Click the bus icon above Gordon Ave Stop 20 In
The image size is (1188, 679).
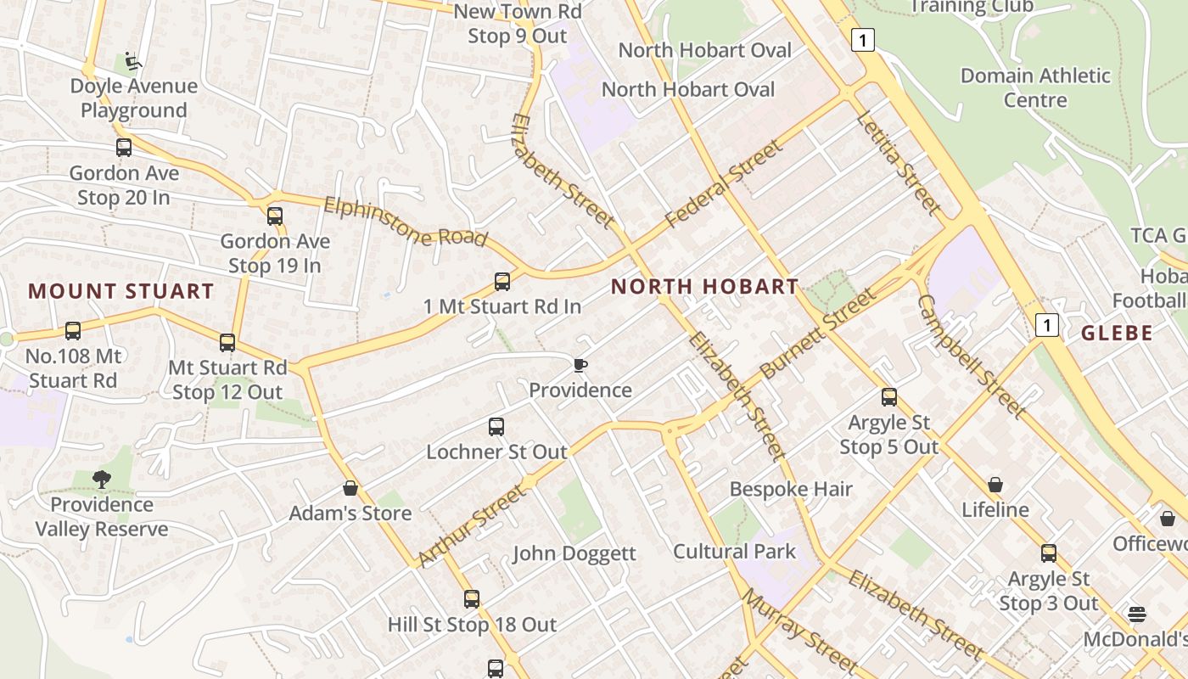coord(124,148)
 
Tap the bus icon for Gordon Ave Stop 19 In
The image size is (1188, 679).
coord(274,216)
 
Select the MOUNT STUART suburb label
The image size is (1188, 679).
coord(121,291)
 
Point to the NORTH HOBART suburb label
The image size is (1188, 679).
coord(704,287)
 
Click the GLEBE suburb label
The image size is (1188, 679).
coord(1117,333)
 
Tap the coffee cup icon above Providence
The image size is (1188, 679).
coord(580,365)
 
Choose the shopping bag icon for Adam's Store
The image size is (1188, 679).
coord(350,488)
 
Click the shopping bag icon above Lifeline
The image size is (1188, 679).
coord(995,485)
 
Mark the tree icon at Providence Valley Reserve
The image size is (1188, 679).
coord(102,480)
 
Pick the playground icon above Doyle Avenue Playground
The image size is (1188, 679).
coord(133,61)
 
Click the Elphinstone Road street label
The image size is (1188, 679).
coord(406,222)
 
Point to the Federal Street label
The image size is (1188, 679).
coord(724,184)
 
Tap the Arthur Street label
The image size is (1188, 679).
coord(472,525)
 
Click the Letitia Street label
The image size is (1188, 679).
coord(899,162)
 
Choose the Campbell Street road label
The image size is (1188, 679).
coord(972,356)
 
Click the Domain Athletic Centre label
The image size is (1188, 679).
coord(1035,87)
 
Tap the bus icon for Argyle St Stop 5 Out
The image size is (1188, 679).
coord(889,396)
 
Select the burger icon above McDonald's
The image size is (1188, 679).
coord(1137,614)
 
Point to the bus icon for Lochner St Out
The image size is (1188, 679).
coord(496,426)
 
